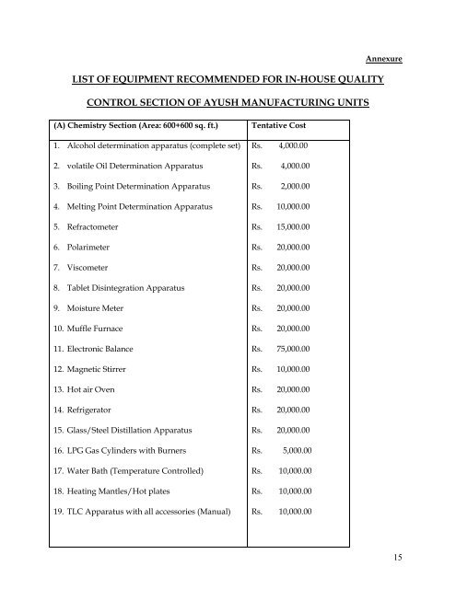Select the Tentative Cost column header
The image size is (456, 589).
tap(286, 125)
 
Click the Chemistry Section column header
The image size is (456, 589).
tap(130, 125)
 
